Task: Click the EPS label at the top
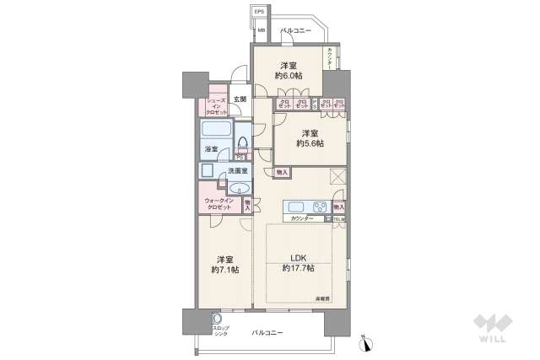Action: [x=260, y=12]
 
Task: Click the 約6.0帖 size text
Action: [x=288, y=76]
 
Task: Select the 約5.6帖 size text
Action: [x=310, y=144]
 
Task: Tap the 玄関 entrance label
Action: [x=240, y=99]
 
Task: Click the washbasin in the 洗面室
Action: [x=240, y=187]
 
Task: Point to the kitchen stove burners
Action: [x=320, y=207]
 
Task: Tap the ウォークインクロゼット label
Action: [x=219, y=203]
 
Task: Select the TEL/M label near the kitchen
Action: [x=339, y=219]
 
